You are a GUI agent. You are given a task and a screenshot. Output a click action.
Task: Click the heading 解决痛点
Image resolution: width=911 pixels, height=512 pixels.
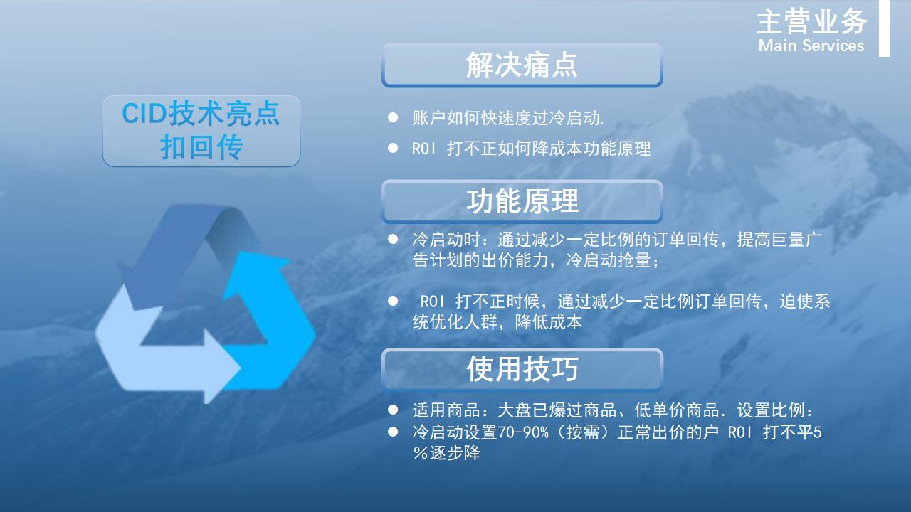coord(522,65)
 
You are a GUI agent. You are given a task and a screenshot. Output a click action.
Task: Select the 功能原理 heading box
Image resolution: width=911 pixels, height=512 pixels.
coord(522,201)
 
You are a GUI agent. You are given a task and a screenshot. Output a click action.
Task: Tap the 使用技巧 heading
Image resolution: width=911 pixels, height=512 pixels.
coord(522,369)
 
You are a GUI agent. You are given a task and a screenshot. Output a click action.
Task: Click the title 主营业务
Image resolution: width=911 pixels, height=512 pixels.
coord(812,21)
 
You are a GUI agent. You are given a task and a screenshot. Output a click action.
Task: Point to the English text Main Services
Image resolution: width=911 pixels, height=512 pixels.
coord(811,46)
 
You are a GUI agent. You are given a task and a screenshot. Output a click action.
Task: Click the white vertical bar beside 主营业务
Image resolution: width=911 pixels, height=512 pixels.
coord(884,28)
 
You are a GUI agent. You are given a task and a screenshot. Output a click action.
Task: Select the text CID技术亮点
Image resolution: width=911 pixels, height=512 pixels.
coord(201,113)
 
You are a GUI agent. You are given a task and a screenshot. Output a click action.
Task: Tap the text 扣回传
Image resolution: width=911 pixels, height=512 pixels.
coord(201,147)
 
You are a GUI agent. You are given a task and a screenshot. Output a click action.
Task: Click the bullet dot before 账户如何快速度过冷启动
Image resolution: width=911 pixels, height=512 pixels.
coord(393,117)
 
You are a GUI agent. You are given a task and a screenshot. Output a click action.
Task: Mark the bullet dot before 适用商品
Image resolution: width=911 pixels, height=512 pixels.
coord(393,410)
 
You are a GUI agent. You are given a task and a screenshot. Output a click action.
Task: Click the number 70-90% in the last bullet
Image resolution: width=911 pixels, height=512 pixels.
coord(522,432)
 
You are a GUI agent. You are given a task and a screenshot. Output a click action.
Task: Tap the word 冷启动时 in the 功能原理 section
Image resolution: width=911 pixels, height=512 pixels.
coord(446,240)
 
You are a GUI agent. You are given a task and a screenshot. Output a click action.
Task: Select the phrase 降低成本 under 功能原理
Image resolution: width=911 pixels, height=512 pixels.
coord(548,322)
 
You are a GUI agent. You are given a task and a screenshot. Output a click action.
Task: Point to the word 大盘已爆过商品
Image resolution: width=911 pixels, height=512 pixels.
coord(557,410)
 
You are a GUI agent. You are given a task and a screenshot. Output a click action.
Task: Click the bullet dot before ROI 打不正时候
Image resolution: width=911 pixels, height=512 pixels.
coord(393,301)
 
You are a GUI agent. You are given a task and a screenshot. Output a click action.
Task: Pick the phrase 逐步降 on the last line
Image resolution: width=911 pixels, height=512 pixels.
coord(455,453)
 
